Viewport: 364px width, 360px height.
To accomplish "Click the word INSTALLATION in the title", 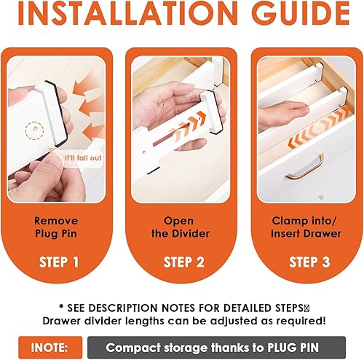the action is pos(128,13).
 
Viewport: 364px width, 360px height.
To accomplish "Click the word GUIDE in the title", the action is pos(301,13).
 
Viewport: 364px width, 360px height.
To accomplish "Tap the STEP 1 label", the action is pos(59,262).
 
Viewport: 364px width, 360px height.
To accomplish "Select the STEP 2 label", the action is pos(184,262).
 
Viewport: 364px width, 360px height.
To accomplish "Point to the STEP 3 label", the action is pos(309,262).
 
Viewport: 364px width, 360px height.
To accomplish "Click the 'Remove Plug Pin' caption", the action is pos(56,227).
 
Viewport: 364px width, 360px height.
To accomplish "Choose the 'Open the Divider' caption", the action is pos(181,227).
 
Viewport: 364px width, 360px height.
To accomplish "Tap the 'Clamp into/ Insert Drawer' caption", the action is pos(306,227).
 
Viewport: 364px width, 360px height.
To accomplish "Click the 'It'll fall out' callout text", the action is pos(83,158).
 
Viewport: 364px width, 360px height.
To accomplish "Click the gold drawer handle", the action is pos(305,167).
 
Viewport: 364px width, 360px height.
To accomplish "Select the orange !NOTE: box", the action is pos(50,348).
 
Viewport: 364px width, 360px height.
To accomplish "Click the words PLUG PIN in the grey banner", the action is pos(293,348).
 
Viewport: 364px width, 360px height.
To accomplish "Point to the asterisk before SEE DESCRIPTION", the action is pos(61,306).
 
